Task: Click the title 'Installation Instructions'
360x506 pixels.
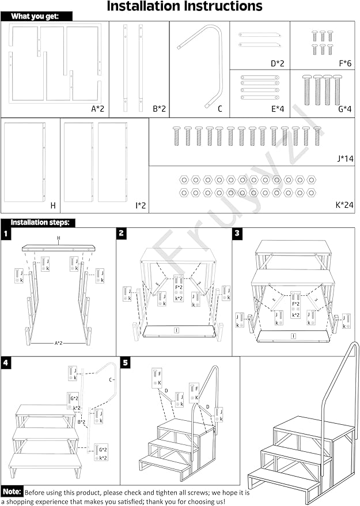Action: pyautogui.click(x=184, y=7)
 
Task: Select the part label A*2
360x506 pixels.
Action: pyautogui.click(x=97, y=108)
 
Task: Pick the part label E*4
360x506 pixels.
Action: pyautogui.click(x=278, y=108)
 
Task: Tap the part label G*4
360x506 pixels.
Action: pyautogui.click(x=344, y=108)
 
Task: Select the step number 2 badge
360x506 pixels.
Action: pyautogui.click(x=122, y=233)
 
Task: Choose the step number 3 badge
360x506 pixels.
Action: pyautogui.click(x=237, y=233)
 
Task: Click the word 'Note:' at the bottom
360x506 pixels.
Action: pyautogui.click(x=12, y=492)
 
